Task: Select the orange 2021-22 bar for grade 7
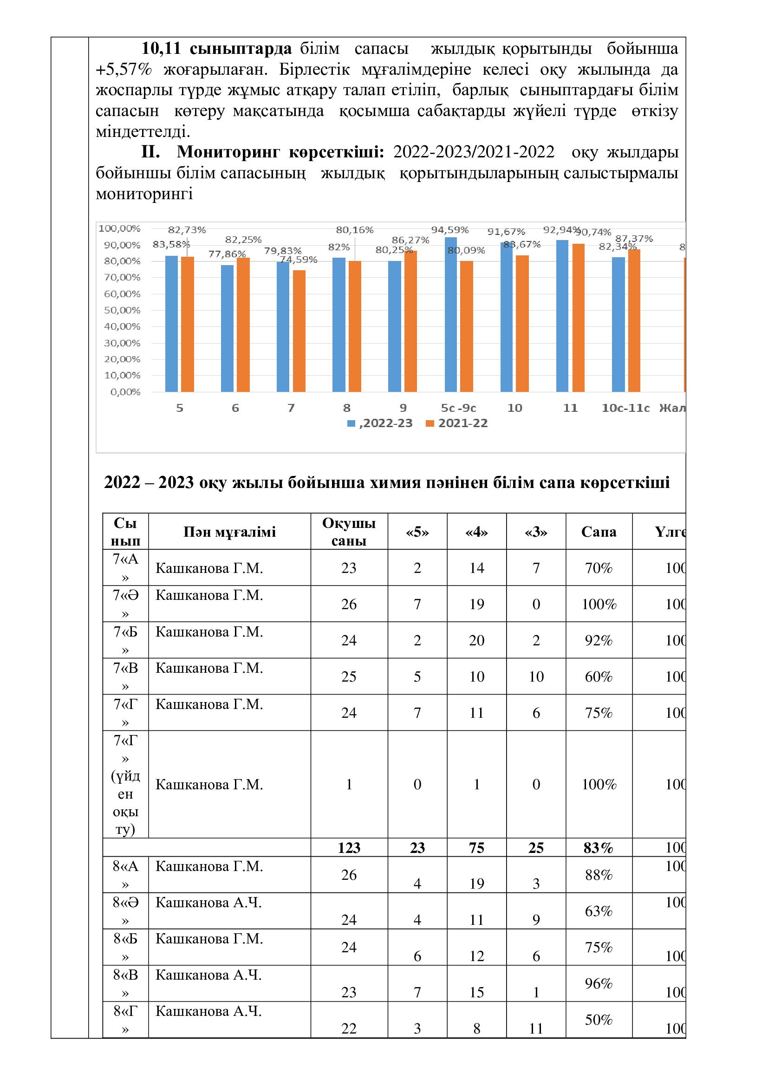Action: pos(299,331)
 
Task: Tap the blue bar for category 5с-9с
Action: pos(451,314)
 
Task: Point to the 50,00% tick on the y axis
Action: pos(123,310)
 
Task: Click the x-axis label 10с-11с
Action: pos(625,408)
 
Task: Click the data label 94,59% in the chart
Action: pos(450,230)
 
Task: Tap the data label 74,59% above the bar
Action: pos(299,260)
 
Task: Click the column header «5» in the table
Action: pos(417,532)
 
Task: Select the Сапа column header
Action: pos(599,532)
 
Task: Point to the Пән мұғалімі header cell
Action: pos(229,532)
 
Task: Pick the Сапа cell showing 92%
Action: pos(599,640)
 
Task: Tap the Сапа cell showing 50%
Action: pos(599,1019)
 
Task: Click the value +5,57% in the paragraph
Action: pos(124,70)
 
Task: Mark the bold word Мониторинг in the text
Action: pos(229,152)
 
